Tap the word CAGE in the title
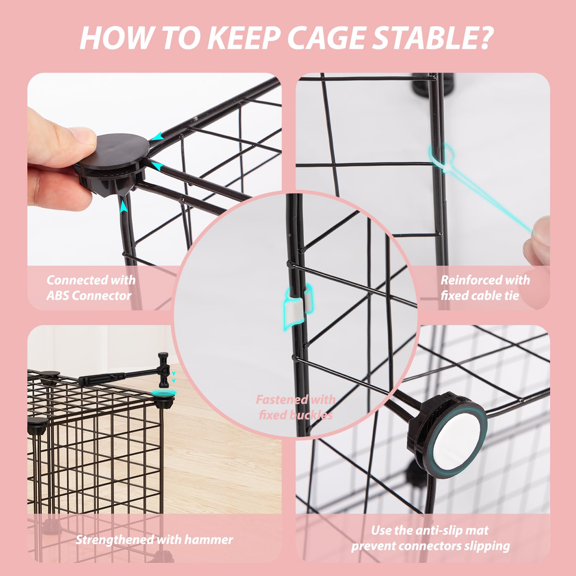pos(325,38)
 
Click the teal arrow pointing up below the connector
pos(123,207)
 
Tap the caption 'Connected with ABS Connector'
pos(91,288)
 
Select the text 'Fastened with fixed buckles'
pos(296,407)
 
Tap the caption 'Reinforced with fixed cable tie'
pos(485,288)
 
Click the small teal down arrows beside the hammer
pos(174,377)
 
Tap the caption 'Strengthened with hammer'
pos(154,540)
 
